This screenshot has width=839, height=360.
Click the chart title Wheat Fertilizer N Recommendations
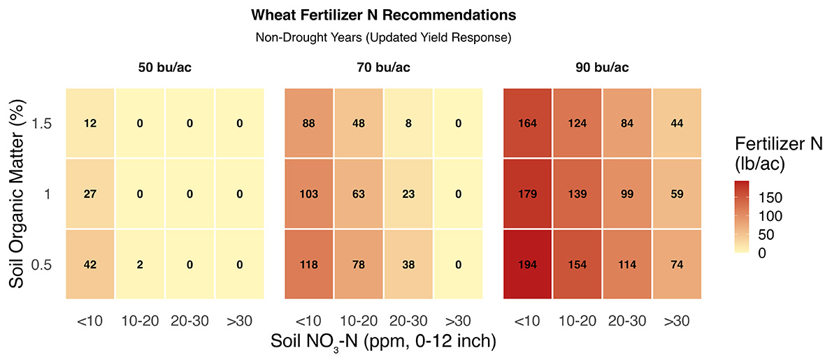pos(384,15)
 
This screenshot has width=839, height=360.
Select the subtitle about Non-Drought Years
pos(384,38)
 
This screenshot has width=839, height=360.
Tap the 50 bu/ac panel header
pos(165,67)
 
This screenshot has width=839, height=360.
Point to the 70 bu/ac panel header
pos(384,67)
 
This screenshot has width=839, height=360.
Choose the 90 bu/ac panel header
pos(602,67)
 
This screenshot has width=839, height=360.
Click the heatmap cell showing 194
pos(527,264)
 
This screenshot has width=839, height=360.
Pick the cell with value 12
pos(90,123)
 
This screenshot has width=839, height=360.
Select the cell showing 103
pos(308,194)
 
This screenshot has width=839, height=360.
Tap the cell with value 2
pos(140,264)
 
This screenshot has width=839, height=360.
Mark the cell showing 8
pos(408,123)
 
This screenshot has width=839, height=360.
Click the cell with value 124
pos(578,123)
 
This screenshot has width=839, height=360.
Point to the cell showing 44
pos(677,123)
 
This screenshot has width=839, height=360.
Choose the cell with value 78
pos(359,264)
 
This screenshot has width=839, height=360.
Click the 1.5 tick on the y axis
pos(41,124)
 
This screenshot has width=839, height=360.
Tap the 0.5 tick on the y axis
pos(41,265)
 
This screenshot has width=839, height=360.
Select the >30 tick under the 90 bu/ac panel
pos(677,321)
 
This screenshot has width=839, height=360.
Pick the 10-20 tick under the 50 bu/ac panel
pos(140,321)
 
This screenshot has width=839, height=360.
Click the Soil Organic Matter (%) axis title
pos(17,194)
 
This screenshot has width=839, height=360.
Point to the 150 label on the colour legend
pos(770,198)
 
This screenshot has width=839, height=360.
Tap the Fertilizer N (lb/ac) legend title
pos(779,154)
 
